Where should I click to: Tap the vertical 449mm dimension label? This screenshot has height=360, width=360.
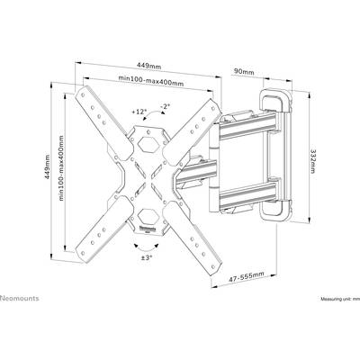pos(48,166)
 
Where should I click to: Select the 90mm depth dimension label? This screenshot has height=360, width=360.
pos(244,72)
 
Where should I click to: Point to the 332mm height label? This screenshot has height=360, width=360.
pos(312,161)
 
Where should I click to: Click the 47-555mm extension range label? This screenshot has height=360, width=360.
pos(247,277)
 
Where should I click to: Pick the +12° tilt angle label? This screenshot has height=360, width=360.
pos(139,112)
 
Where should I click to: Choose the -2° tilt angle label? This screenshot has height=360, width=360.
pos(165,106)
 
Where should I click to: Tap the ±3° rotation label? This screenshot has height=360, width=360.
pos(147,257)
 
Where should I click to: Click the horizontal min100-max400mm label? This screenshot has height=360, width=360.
pos(151,80)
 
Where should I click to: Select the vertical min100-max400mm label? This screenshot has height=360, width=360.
pos(61,168)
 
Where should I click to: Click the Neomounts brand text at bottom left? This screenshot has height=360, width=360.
pos(20,298)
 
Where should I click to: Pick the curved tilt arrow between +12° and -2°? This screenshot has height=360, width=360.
pos(153,112)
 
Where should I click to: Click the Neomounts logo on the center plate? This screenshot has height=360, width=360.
pos(148,229)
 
